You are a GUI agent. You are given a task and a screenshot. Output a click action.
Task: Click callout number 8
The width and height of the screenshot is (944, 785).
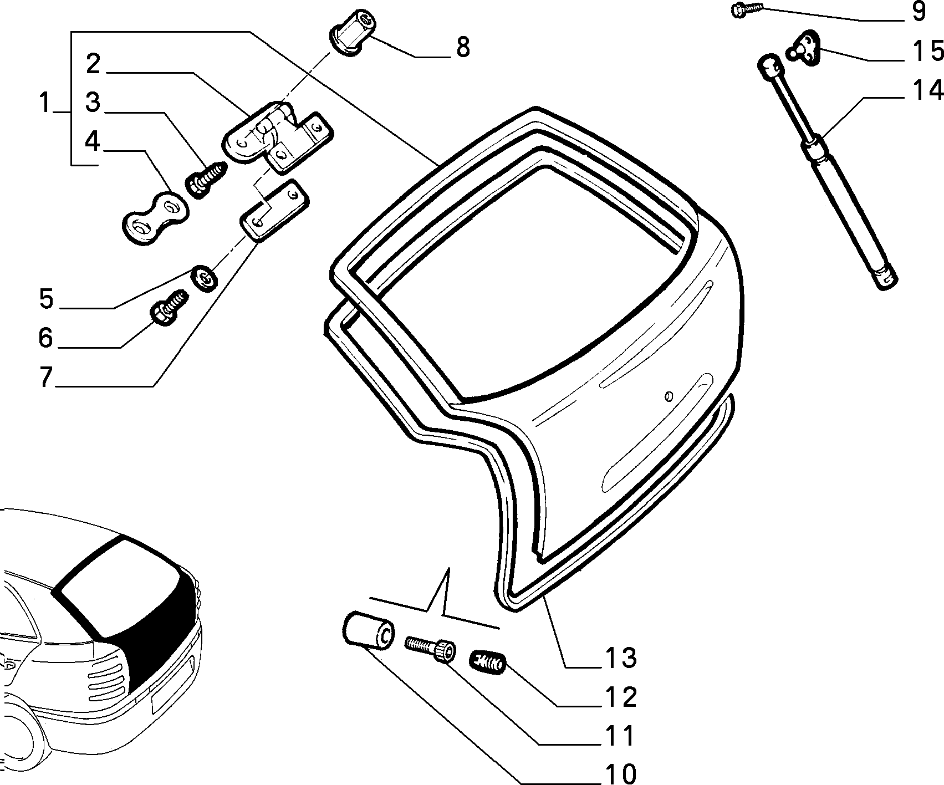(463, 47)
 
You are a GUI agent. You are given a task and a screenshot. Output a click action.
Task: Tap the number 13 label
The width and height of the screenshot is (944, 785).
(620, 657)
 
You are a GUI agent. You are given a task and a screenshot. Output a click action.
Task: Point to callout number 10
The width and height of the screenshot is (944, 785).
(620, 772)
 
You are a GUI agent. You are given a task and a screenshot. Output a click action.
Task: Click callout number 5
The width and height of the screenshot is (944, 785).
(47, 299)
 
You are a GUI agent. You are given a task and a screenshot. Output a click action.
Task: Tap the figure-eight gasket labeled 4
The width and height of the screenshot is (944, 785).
(155, 218)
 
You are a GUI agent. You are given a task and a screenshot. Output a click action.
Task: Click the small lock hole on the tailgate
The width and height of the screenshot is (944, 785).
(669, 396)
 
